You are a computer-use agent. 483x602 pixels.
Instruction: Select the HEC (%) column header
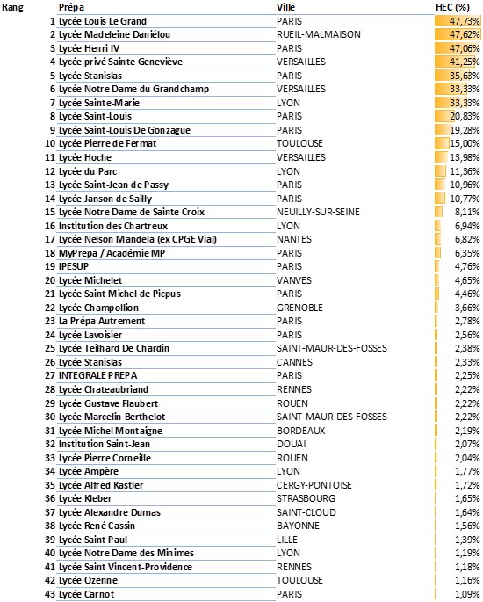click(454, 6)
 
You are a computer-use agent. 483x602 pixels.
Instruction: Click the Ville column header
click(286, 6)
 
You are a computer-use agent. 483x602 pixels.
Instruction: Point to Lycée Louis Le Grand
click(103, 20)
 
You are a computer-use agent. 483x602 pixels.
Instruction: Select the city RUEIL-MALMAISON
click(319, 34)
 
